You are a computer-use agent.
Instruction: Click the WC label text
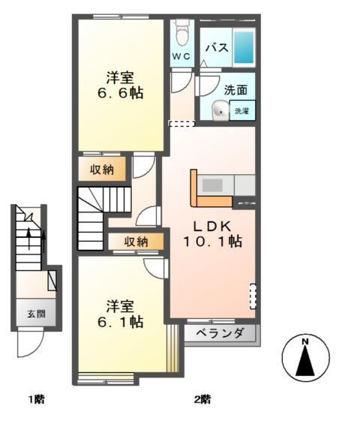click(182, 57)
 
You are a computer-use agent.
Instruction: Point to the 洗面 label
click(235, 89)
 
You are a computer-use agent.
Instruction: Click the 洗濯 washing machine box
click(241, 110)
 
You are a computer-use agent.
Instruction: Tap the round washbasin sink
click(219, 110)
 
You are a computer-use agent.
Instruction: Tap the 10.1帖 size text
click(214, 242)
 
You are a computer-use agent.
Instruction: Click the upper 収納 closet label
click(102, 170)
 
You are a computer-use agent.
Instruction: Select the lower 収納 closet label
click(136, 242)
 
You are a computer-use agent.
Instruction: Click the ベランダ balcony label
click(220, 333)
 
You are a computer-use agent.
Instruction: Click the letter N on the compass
click(304, 343)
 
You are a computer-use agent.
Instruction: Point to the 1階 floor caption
click(35, 399)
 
